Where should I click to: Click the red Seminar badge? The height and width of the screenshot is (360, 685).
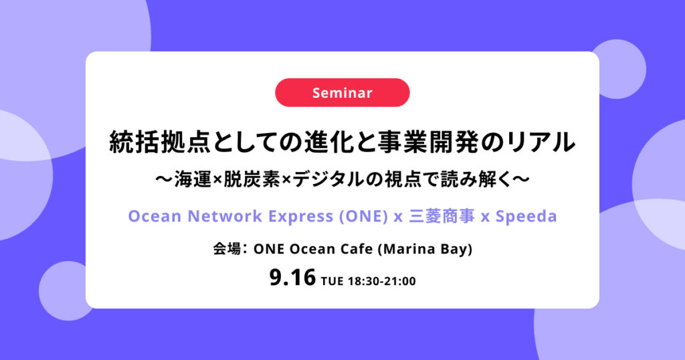click(342, 92)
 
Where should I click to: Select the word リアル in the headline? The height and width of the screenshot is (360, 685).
click(542, 143)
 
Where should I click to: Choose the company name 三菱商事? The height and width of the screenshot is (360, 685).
click(442, 216)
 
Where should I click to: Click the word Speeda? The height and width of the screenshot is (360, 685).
click(526, 217)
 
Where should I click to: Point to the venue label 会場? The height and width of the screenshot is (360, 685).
click(227, 249)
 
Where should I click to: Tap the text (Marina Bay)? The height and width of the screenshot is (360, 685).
click(425, 250)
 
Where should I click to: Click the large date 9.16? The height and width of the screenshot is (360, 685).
click(292, 278)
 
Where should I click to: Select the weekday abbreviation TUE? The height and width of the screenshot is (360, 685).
click(332, 281)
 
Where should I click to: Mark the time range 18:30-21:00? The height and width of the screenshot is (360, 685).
click(382, 281)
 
